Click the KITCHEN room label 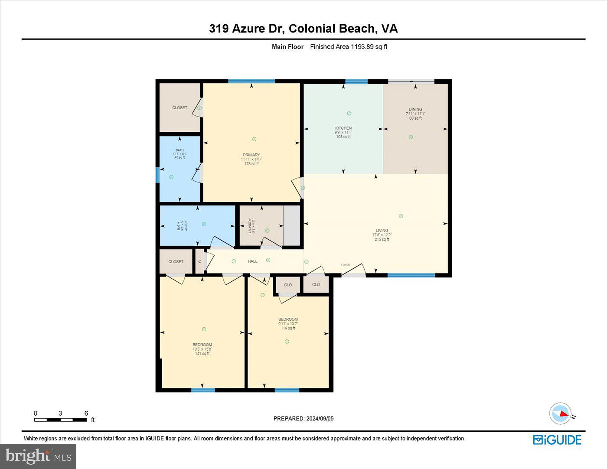(x=343, y=128)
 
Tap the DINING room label (x=415, y=110)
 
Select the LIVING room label (x=382, y=231)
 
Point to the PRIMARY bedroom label (x=251, y=155)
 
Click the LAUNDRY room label (x=250, y=226)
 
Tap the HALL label (x=252, y=261)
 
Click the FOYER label (x=345, y=265)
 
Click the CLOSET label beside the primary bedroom (x=179, y=107)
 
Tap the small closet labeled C (x=199, y=261)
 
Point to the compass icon (x=560, y=414)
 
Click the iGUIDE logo (x=557, y=440)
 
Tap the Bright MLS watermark (x=38, y=456)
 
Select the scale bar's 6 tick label (x=86, y=413)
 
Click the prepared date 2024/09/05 (x=320, y=418)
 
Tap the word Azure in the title (x=249, y=29)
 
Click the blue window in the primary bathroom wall (x=158, y=176)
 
